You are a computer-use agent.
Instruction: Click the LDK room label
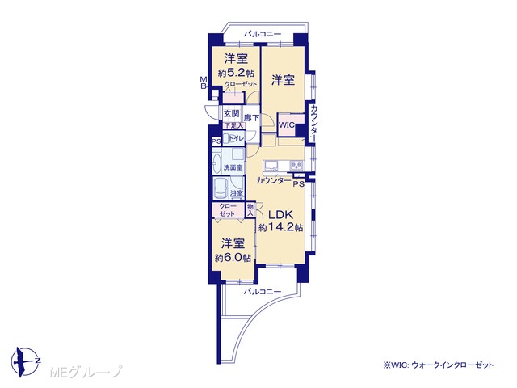[280, 215]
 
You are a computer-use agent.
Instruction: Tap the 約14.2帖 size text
[280, 227]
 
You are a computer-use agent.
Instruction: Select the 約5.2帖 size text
[236, 73]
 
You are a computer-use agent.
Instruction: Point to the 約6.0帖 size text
[233, 258]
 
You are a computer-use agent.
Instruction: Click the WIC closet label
[287, 125]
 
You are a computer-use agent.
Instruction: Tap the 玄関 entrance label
[232, 114]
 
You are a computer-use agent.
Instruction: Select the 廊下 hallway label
[251, 118]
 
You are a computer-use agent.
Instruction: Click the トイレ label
[237, 138]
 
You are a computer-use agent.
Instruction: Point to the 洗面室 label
[233, 167]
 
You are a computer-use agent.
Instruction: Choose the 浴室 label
[237, 193]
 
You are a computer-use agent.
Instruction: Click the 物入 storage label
[250, 210]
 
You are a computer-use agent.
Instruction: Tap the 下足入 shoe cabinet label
[233, 126]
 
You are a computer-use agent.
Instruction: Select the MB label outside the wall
[204, 82]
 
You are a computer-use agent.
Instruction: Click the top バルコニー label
[263, 34]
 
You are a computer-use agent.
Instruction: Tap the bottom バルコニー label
[263, 292]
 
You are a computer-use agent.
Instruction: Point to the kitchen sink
[271, 165]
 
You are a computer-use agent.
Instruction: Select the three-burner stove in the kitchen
[296, 165]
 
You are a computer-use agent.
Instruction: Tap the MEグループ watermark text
[86, 372]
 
